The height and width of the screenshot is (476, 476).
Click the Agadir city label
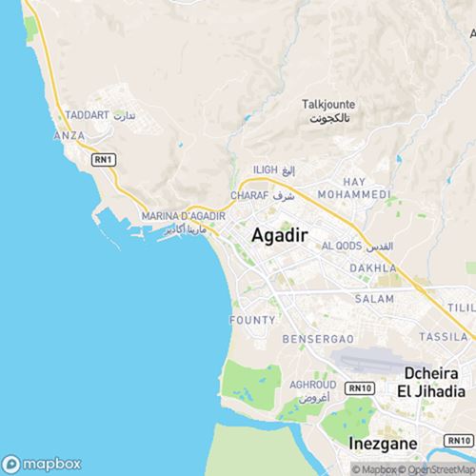tap(279, 237)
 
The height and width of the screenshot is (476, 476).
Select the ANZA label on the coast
tap(69, 136)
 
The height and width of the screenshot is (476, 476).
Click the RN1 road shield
tap(104, 160)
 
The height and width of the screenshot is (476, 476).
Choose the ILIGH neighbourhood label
tap(266, 169)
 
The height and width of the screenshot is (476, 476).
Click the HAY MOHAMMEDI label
tap(354, 188)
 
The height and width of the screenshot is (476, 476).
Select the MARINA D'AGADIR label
tap(182, 216)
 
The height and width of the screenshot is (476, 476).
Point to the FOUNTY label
tap(253, 320)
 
